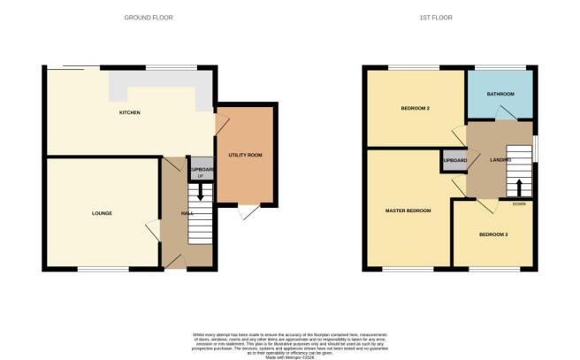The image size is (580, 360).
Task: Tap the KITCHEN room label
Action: point(130,113)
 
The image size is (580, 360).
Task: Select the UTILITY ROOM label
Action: point(245,156)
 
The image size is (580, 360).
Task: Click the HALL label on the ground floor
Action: point(187,213)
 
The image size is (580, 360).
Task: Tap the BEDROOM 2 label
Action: point(415,109)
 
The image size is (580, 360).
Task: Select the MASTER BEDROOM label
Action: point(408,211)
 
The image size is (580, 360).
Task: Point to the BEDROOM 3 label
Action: point(492,234)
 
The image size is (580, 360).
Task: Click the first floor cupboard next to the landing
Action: point(454,161)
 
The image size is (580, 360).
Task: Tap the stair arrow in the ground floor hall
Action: point(201,191)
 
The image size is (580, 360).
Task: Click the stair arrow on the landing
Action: point(520,188)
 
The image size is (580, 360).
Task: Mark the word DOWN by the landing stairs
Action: point(519,203)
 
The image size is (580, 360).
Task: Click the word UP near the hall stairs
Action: point(201,177)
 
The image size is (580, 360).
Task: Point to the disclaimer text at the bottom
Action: point(289,344)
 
